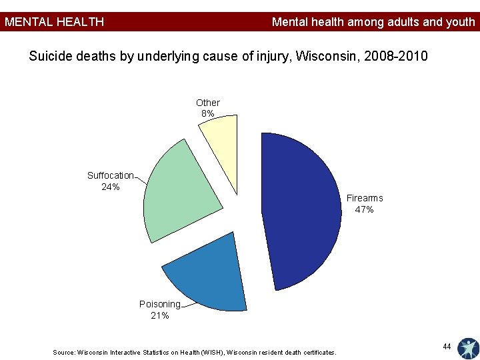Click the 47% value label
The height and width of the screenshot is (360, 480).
point(364,209)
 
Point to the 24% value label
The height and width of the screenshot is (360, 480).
point(111,187)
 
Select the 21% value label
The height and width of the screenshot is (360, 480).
point(160,315)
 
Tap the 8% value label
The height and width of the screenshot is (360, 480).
point(207,113)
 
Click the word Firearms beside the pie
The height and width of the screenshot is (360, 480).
point(365,198)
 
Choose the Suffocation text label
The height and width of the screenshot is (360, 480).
point(111,175)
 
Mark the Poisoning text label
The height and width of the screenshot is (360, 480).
point(160,304)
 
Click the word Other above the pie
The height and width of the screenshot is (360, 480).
point(208,103)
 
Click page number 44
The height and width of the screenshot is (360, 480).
point(447,346)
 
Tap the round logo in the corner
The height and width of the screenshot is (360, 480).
point(469,349)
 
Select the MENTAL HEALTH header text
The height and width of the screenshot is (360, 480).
point(54,22)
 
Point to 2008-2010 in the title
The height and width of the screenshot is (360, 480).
point(395,56)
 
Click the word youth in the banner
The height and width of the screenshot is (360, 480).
point(461,22)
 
